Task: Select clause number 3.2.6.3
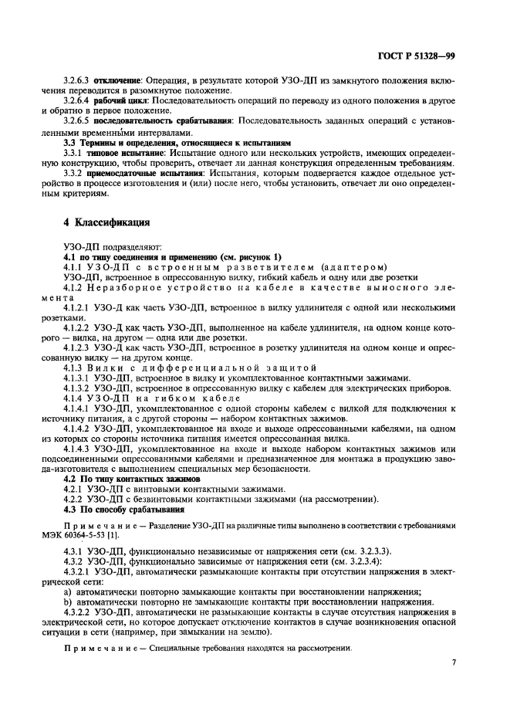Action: point(78,80)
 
